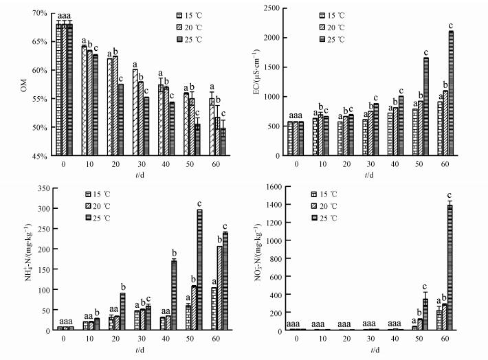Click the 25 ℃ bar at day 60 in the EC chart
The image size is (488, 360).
[451, 93]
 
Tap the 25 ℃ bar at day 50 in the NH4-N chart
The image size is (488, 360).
[200, 270]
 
